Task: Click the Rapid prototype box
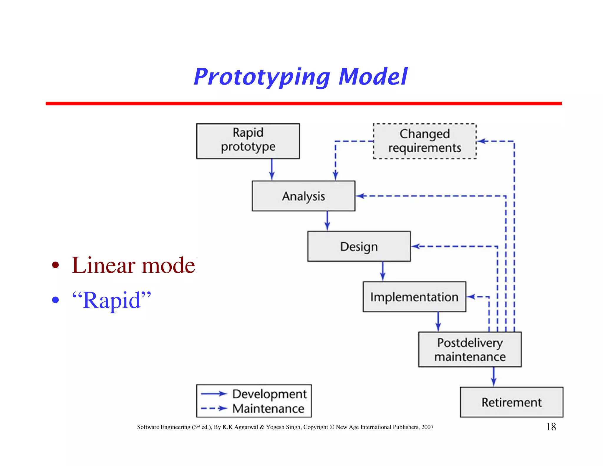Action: (x=248, y=141)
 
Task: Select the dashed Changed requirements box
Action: (x=424, y=141)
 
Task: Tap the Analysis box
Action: (x=303, y=196)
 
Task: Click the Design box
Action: (x=359, y=246)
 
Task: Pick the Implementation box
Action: (x=414, y=297)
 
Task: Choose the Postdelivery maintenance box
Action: (x=470, y=349)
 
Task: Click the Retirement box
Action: (x=511, y=402)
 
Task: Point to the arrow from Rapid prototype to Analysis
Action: (x=272, y=169)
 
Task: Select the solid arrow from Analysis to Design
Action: (x=327, y=221)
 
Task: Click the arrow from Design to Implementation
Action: (x=382, y=271)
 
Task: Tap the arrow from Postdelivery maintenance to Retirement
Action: (x=494, y=376)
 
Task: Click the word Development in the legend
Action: (x=269, y=394)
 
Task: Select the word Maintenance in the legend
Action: (x=268, y=409)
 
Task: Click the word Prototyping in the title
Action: (x=262, y=77)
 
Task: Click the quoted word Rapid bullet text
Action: (x=112, y=300)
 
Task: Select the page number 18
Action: (x=551, y=427)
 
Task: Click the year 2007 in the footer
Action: (x=427, y=427)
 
